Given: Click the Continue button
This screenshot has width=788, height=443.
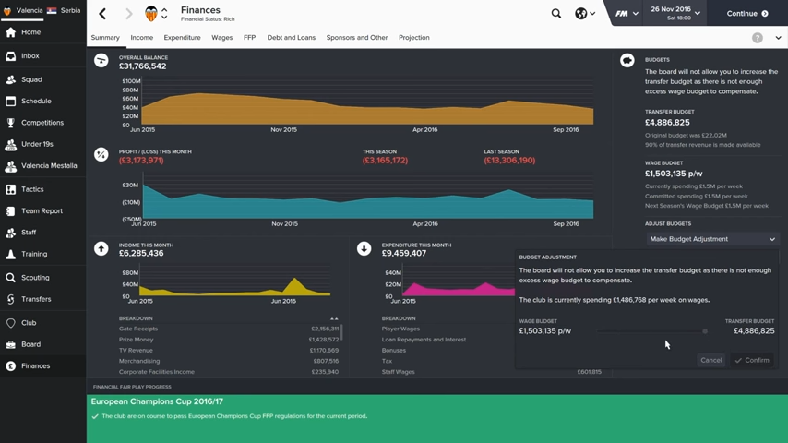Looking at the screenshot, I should tap(746, 14).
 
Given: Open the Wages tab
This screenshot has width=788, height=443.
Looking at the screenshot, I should tap(221, 38).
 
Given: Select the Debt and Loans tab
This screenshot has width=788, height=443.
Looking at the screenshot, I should tap(291, 38).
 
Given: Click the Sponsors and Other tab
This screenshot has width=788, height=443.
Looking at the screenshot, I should tap(356, 38).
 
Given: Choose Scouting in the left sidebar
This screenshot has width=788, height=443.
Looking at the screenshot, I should tap(35, 277).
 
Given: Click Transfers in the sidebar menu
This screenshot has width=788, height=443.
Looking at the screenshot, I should tap(36, 299).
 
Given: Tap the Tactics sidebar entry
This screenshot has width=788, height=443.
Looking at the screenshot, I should tap(32, 189).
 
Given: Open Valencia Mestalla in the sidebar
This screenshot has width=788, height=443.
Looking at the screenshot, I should tap(49, 166).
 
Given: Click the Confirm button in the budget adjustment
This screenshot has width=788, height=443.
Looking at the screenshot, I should tap(752, 360).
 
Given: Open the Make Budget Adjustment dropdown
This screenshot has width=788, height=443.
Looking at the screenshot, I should tap(711, 239).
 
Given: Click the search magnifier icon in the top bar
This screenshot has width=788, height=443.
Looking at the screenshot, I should tap(555, 14).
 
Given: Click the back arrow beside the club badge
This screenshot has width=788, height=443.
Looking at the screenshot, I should tap(102, 14).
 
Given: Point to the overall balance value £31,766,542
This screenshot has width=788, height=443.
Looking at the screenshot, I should tap(142, 66).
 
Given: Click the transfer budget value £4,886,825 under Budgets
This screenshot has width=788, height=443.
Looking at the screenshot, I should tap(667, 123).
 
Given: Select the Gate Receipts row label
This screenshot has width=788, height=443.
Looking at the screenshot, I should tap(138, 329).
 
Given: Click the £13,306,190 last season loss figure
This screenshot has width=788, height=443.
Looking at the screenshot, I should tap(509, 161).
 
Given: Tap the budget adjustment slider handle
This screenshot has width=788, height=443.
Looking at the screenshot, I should tap(705, 330).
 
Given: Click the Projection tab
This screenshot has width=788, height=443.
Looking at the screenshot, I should tap(413, 38).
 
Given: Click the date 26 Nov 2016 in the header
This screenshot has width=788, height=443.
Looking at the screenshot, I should tap(671, 9).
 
